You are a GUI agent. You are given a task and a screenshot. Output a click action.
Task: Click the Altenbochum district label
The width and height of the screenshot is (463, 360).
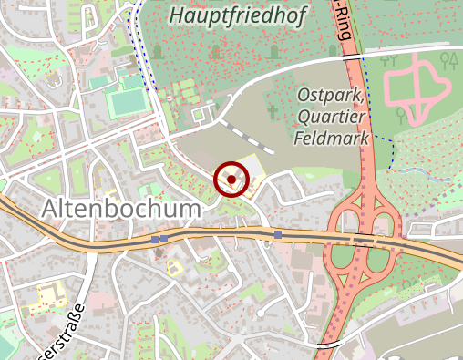click(x=120, y=209)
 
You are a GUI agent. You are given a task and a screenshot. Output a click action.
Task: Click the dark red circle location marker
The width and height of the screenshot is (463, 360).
click(x=231, y=180)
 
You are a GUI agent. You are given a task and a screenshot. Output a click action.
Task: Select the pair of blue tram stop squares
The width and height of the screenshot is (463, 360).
click(x=160, y=239)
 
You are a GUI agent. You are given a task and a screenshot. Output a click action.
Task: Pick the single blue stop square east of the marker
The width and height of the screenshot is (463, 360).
click(x=277, y=235)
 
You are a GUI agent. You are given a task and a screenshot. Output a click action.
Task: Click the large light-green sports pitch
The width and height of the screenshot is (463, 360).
click(x=125, y=103)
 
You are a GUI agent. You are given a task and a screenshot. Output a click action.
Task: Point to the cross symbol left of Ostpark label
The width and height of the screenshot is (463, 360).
click(x=272, y=112)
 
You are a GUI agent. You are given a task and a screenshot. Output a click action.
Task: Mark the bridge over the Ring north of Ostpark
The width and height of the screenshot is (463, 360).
click(x=354, y=57)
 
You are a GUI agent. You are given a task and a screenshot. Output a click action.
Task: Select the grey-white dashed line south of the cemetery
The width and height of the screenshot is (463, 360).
click(x=246, y=136)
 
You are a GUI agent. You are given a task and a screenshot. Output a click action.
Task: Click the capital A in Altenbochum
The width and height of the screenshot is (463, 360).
click(x=51, y=209)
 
